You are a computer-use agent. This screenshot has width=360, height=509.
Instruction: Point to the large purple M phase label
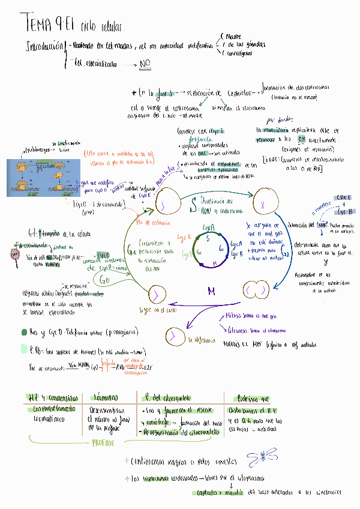(x=211, y=291)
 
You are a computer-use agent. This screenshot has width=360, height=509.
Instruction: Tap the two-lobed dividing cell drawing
(x=255, y=292)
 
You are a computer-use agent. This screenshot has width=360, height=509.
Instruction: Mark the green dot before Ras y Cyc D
(x=23, y=331)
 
